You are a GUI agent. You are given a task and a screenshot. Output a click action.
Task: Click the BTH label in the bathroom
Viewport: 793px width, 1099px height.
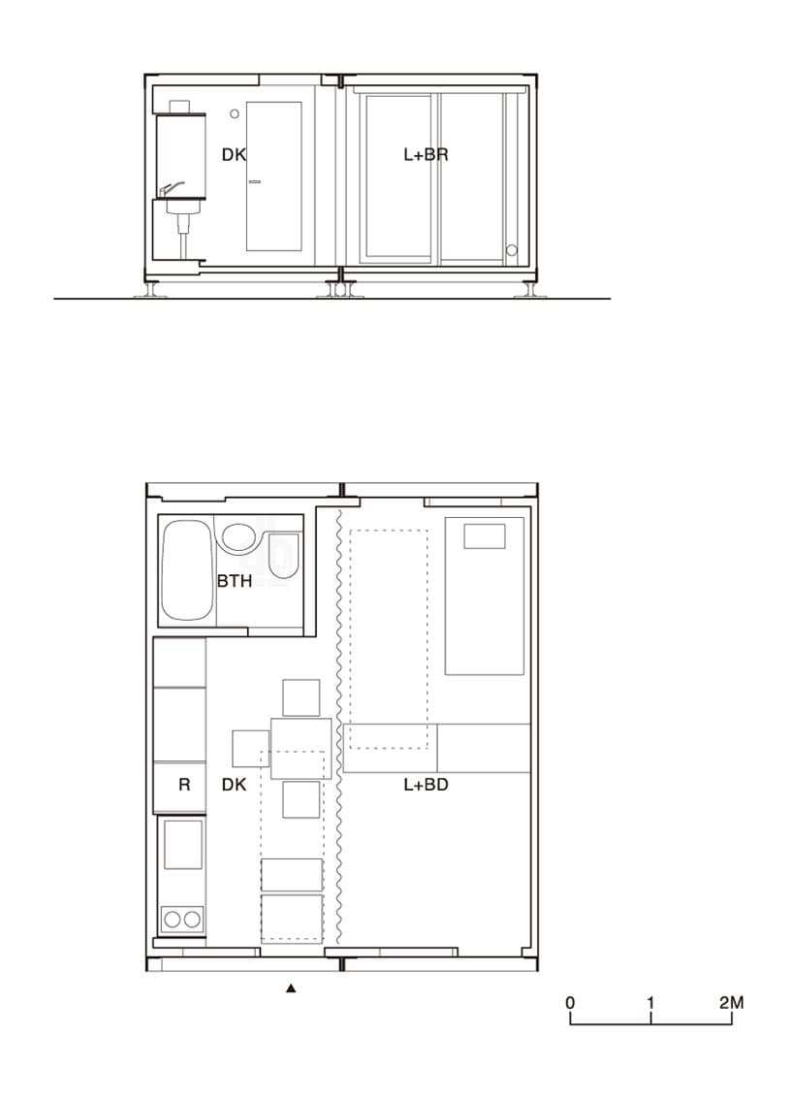(234, 580)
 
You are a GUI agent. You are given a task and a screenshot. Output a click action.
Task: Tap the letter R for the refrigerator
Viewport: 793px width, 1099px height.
(184, 785)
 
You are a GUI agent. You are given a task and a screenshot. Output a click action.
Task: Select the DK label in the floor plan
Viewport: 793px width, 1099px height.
(234, 785)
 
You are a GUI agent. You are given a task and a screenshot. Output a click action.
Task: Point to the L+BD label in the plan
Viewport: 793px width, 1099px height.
(426, 785)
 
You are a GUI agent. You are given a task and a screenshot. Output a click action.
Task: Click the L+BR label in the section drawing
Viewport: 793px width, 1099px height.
(426, 154)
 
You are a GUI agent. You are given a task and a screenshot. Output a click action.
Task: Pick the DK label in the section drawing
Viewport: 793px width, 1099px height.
(234, 154)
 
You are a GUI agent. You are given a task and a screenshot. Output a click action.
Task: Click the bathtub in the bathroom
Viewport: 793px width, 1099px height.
(187, 569)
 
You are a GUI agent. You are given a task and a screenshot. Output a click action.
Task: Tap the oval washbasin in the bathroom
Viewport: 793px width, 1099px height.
(239, 537)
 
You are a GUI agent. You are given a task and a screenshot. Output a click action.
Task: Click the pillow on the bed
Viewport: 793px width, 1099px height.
(485, 536)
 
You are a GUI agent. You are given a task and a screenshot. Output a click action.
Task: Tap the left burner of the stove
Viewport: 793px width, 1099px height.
(173, 919)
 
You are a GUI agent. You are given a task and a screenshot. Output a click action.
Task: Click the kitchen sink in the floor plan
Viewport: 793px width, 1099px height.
(183, 845)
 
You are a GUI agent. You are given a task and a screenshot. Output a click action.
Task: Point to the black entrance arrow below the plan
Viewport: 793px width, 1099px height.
(292, 988)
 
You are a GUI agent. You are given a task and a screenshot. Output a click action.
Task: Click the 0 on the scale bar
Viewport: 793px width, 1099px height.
(570, 1002)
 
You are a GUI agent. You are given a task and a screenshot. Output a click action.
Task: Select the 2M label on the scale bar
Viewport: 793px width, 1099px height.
(731, 1002)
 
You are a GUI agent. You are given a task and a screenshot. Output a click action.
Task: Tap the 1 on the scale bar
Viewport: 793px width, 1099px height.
(650, 1002)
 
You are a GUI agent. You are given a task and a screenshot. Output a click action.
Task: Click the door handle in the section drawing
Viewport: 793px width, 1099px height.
(254, 181)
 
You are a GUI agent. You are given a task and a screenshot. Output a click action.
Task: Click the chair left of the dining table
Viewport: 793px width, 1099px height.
(251, 749)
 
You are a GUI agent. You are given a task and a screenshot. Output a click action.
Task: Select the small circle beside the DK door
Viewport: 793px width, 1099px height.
(235, 113)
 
